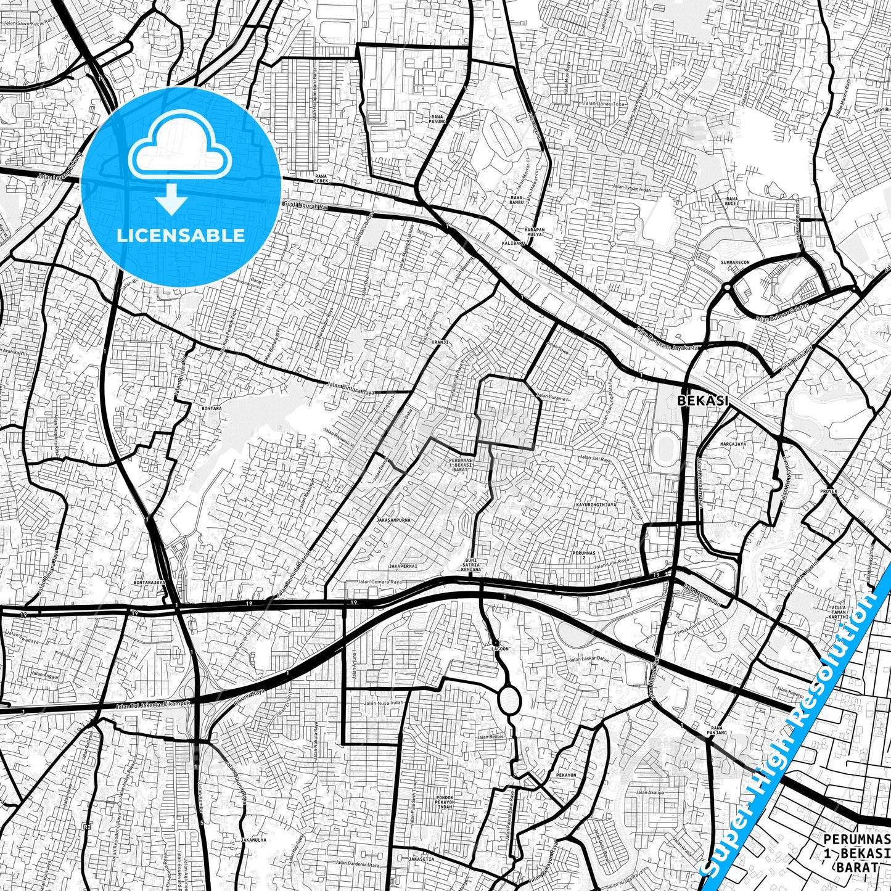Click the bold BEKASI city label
click(x=703, y=400)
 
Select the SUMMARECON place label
click(x=735, y=263)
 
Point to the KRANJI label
click(x=440, y=341)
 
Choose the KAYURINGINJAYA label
click(x=596, y=504)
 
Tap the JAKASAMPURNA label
click(x=393, y=520)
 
